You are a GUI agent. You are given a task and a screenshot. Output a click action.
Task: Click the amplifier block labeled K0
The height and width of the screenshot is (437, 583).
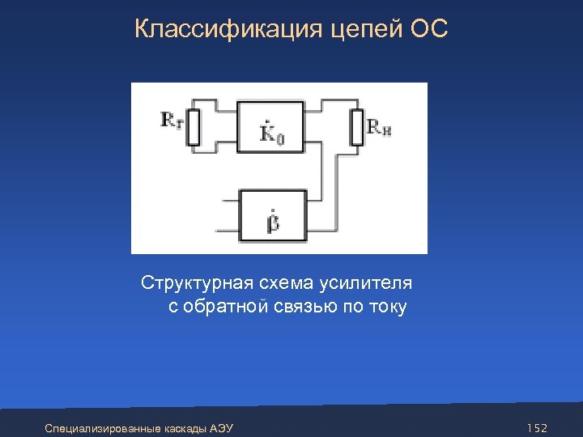pos(271,126)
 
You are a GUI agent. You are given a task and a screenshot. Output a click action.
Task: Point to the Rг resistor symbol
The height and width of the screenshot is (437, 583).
pos(193,126)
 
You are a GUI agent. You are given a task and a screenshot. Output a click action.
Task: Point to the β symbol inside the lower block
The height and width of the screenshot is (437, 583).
pos(273,220)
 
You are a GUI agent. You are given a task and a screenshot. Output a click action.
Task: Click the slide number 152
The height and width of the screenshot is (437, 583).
pos(537,427)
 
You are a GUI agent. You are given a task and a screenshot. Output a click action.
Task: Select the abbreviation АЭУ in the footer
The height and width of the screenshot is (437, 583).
pos(221,427)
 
